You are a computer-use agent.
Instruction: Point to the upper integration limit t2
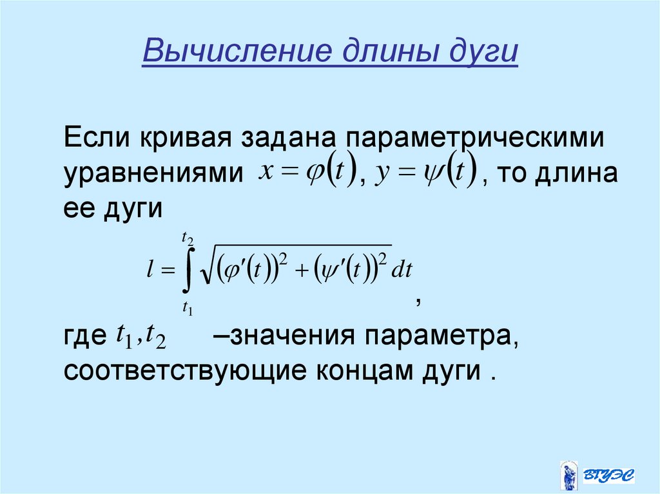(188, 240)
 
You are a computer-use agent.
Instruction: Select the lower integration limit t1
(188, 308)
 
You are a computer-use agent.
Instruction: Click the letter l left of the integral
(150, 271)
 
